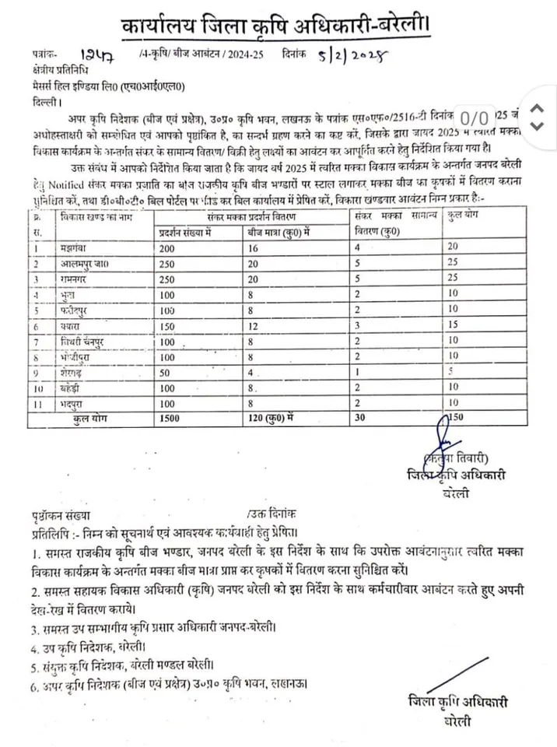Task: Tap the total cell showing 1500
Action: pos(171,419)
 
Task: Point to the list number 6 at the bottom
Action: pos(37,685)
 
